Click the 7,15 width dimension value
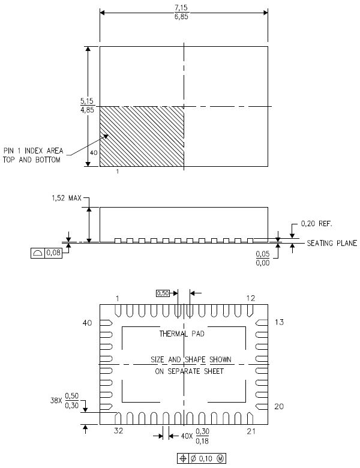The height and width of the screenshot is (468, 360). [x=181, y=8]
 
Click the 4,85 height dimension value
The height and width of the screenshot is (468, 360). [x=87, y=110]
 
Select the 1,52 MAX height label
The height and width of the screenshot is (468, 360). [x=67, y=198]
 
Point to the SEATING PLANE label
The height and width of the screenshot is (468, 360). [x=332, y=243]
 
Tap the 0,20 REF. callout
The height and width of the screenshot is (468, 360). [x=316, y=224]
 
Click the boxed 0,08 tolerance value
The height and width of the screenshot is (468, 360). [x=54, y=253]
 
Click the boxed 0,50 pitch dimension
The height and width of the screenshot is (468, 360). [x=163, y=293]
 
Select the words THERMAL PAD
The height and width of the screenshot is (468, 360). [x=182, y=334]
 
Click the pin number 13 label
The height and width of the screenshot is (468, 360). [x=279, y=322]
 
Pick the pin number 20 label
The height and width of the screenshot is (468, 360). [x=279, y=406]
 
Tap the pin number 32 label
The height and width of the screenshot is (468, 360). [x=119, y=431]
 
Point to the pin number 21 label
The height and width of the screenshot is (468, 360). [x=251, y=431]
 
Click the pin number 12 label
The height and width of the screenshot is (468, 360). [x=251, y=298]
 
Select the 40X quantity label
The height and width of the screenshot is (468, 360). [x=187, y=436]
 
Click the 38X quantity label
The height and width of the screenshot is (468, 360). [x=56, y=400]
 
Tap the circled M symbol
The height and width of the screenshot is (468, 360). [x=220, y=458]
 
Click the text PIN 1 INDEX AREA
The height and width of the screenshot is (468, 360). [x=34, y=151]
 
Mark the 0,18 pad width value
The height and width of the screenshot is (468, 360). [x=202, y=440]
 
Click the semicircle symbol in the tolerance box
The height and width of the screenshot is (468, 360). [x=38, y=253]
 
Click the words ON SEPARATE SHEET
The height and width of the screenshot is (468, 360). [x=189, y=371]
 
